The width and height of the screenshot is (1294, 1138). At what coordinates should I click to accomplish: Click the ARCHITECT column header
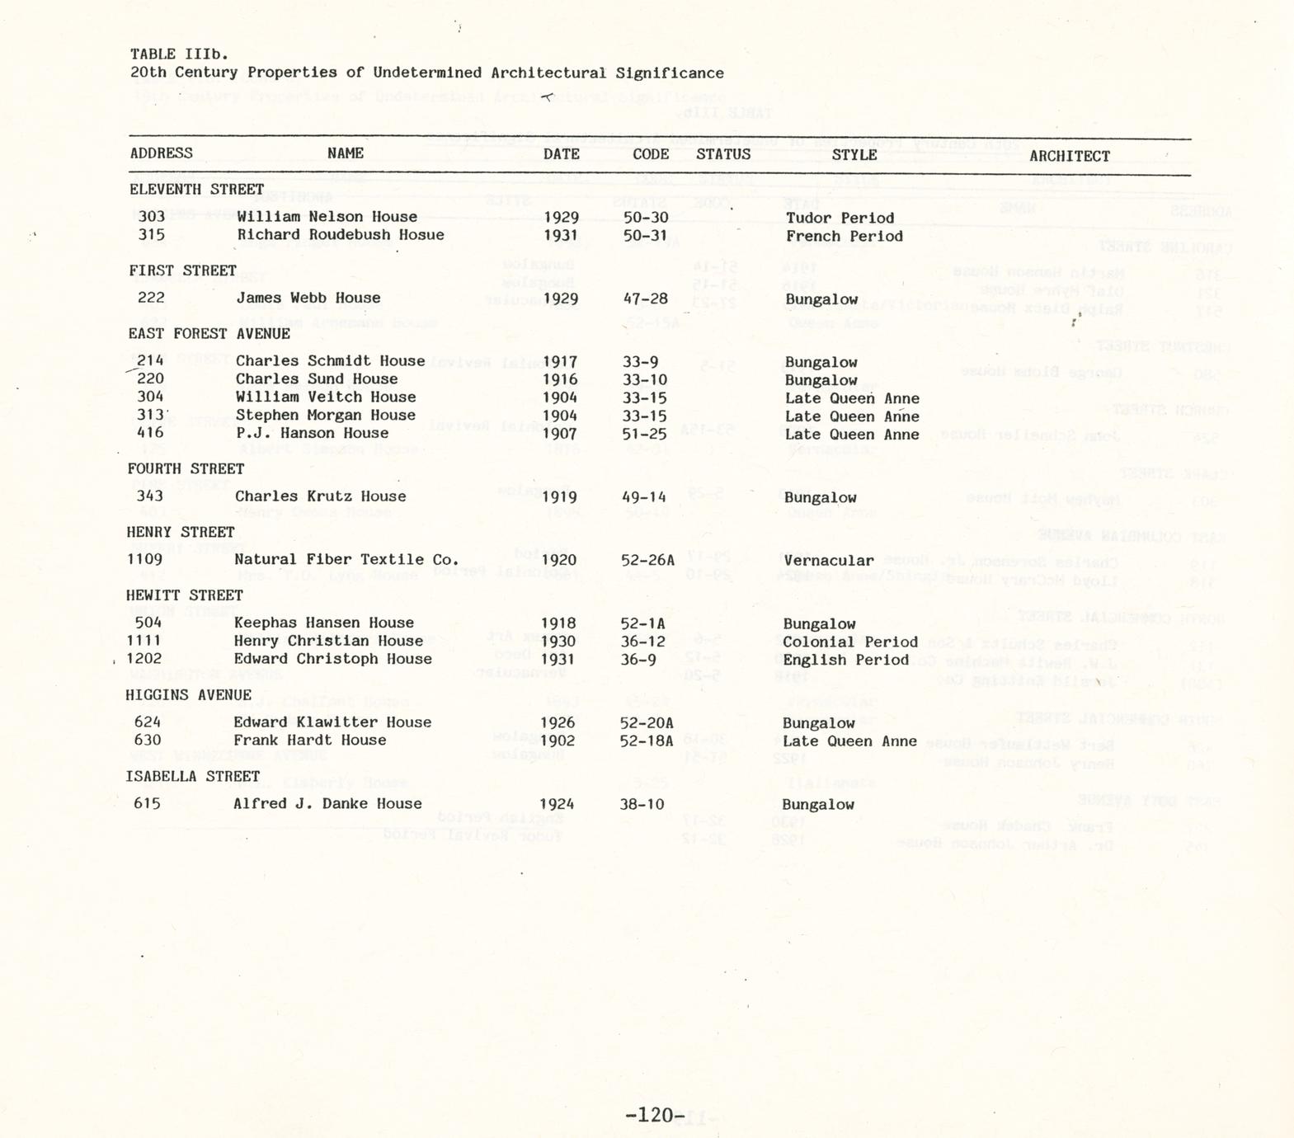pyautogui.click(x=1069, y=156)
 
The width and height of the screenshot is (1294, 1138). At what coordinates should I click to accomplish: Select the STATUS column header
pyautogui.click(x=723, y=154)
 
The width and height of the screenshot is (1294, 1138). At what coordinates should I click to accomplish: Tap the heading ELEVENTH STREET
pyautogui.click(x=196, y=189)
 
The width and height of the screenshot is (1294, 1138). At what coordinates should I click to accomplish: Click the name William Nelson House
pyautogui.click(x=327, y=217)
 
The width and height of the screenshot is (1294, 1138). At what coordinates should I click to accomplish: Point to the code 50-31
pyautogui.click(x=645, y=236)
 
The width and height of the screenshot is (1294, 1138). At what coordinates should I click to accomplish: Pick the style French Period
pyautogui.click(x=844, y=237)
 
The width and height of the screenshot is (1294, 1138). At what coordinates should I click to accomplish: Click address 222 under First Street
pyautogui.click(x=151, y=298)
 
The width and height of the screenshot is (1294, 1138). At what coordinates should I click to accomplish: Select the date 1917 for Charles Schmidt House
pyautogui.click(x=560, y=362)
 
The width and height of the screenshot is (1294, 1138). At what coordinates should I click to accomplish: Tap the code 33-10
pyautogui.click(x=645, y=380)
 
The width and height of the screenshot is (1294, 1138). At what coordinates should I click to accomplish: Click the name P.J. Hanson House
pyautogui.click(x=312, y=433)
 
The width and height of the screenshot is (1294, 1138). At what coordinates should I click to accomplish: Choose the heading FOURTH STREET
pyautogui.click(x=186, y=468)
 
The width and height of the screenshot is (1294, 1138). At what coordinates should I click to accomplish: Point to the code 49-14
pyautogui.click(x=643, y=497)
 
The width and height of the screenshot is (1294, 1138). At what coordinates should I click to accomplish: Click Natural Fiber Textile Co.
pyautogui.click(x=346, y=559)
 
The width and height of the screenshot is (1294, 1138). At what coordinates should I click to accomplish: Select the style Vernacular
pyautogui.click(x=828, y=561)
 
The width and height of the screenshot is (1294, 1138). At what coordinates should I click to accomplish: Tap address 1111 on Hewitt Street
pyautogui.click(x=144, y=641)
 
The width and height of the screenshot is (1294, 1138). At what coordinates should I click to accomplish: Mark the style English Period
pyautogui.click(x=845, y=660)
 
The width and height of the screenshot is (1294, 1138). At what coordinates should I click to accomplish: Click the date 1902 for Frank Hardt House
pyautogui.click(x=558, y=741)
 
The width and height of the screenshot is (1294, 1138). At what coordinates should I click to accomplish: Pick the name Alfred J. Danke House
pyautogui.click(x=327, y=803)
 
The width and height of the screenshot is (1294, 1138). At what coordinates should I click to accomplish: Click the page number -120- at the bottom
pyautogui.click(x=656, y=1116)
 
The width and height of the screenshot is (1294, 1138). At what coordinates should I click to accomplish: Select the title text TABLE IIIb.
pyautogui.click(x=179, y=54)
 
